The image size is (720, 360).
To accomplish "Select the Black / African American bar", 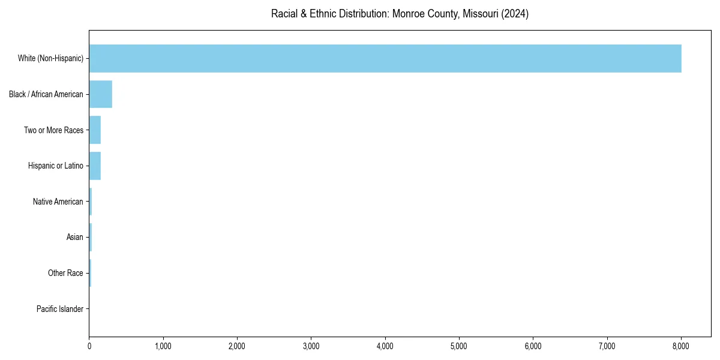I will pyautogui.click(x=101, y=94).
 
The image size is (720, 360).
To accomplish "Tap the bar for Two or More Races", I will pyautogui.click(x=95, y=130).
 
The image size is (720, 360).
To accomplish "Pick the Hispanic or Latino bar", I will pyautogui.click(x=95, y=166).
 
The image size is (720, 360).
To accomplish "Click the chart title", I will pyautogui.click(x=400, y=14).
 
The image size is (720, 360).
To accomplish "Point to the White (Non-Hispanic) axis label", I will pyautogui.click(x=50, y=58).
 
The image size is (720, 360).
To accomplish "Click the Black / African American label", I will pyautogui.click(x=46, y=94).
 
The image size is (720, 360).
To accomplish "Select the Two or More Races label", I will pyautogui.click(x=53, y=130).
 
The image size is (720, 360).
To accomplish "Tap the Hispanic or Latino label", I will pyautogui.click(x=56, y=166).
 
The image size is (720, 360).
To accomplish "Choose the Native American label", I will pyautogui.click(x=58, y=202).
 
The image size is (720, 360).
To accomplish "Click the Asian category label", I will pyautogui.click(x=75, y=237).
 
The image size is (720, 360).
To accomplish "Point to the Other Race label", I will pyautogui.click(x=65, y=273).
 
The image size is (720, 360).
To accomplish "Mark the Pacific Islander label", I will pyautogui.click(x=60, y=309).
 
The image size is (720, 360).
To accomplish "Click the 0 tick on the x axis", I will pyautogui.click(x=89, y=346).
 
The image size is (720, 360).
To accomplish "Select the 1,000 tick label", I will pyautogui.click(x=163, y=346).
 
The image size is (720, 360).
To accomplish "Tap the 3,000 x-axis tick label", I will pyautogui.click(x=311, y=346).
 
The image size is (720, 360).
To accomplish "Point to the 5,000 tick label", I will pyautogui.click(x=459, y=346).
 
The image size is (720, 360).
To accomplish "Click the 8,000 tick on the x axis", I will pyautogui.click(x=681, y=346).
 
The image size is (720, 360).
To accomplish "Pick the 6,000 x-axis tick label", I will pyautogui.click(x=533, y=346).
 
